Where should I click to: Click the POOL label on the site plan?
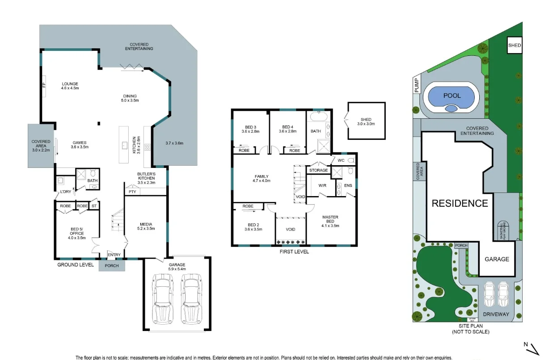click(x=452, y=96)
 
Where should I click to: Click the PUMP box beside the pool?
click(x=417, y=85)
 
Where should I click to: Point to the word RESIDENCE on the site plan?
click(x=460, y=203)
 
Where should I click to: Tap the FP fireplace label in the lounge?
click(x=44, y=85)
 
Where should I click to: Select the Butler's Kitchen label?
click(x=146, y=178)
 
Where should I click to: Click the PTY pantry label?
click(x=132, y=192)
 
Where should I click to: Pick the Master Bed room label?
click(x=330, y=221)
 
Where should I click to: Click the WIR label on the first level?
click(x=322, y=185)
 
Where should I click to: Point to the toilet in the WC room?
click(x=350, y=159)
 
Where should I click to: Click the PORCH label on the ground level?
click(x=111, y=266)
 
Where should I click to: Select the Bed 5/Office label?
click(x=77, y=234)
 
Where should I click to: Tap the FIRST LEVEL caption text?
click(x=294, y=251)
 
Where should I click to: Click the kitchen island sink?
click(x=124, y=144)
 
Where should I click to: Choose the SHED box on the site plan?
click(x=515, y=45)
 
